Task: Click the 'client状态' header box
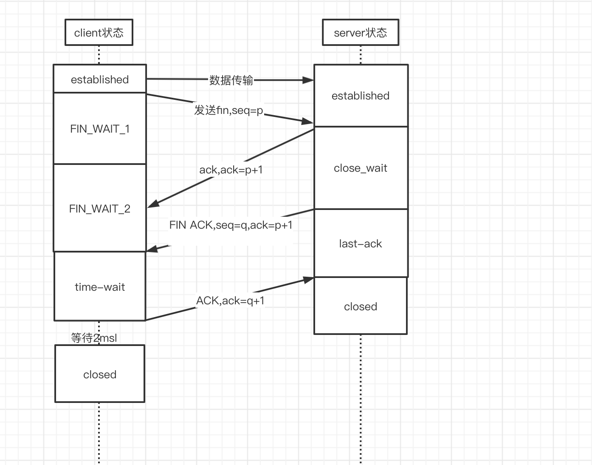tap(99, 32)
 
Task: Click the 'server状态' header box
tap(360, 32)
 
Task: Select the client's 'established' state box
tap(100, 79)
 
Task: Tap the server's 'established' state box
tap(361, 96)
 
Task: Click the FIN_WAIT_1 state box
tap(100, 128)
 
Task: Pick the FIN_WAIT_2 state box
tap(100, 208)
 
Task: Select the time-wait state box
tap(100, 286)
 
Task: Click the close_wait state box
tap(361, 168)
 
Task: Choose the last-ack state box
tap(361, 244)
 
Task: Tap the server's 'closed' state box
tap(361, 306)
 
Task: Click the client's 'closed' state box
tap(100, 374)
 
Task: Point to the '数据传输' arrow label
tap(231, 80)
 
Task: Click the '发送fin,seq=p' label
tap(228, 110)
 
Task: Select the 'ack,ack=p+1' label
tap(231, 170)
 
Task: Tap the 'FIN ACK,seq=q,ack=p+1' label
tap(231, 225)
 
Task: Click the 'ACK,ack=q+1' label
tap(230, 301)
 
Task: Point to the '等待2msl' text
tap(94, 338)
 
